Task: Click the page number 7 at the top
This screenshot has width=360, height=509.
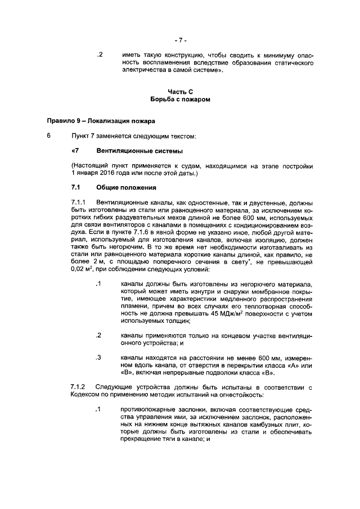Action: click(180, 40)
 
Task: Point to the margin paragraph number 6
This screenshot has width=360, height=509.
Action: click(49, 136)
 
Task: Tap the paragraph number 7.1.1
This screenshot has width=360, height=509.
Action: click(80, 201)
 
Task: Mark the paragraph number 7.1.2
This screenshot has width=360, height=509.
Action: click(80, 388)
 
